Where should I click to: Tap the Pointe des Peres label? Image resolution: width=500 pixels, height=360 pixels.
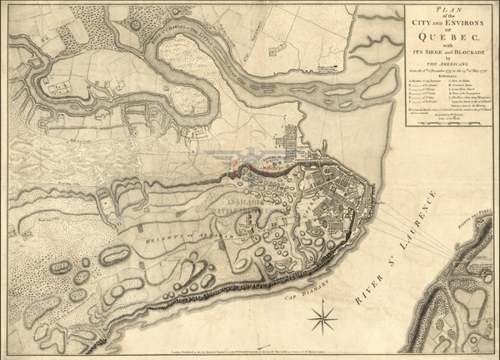pyautogui.click(x=476, y=189)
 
